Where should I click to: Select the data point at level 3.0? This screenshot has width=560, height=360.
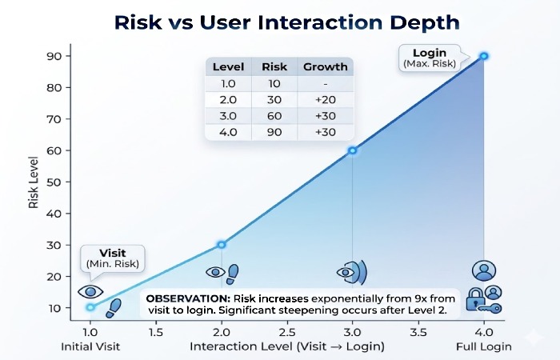pos(353,150)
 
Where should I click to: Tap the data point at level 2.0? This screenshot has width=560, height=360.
pos(222,244)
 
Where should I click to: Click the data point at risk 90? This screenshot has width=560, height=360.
pos(484,56)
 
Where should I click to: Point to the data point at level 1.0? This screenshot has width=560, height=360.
pos(90,307)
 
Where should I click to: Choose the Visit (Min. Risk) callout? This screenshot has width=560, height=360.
pos(113,258)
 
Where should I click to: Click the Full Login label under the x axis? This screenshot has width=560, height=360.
pos(484,346)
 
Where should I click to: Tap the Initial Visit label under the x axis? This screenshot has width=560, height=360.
pos(90,346)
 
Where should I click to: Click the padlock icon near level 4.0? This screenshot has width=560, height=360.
pos(476,302)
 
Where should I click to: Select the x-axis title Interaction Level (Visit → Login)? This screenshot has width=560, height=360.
pos(287,346)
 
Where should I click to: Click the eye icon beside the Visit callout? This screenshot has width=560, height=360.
pos(90,291)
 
